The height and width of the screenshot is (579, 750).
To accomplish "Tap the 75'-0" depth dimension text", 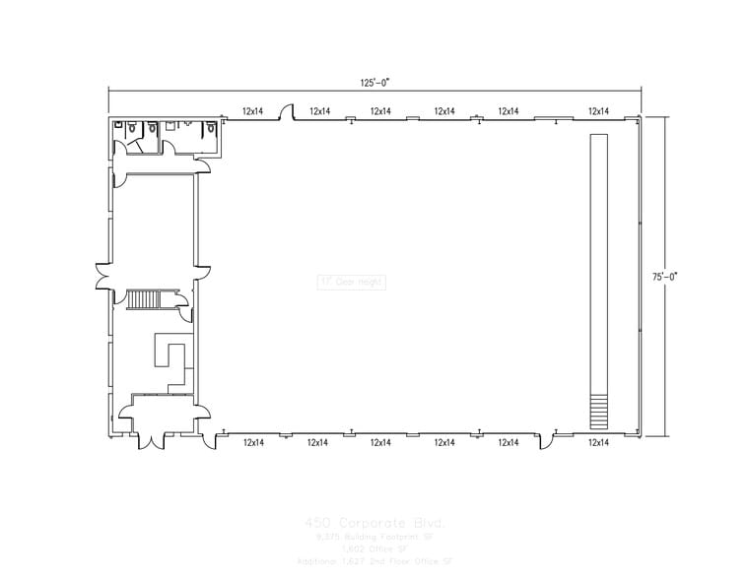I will click(x=664, y=277).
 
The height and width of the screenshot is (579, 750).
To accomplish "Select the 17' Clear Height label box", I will click(x=351, y=282).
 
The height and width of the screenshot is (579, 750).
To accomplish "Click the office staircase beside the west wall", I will click(x=144, y=299).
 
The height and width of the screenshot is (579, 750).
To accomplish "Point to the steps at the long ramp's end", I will click(x=597, y=411).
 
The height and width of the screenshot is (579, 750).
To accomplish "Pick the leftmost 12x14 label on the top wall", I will click(x=252, y=112).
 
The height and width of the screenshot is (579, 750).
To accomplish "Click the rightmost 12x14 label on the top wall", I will click(x=597, y=112).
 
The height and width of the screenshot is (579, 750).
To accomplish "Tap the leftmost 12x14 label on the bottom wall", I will click(x=252, y=443).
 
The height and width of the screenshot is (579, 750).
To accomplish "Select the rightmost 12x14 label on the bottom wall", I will click(x=597, y=443).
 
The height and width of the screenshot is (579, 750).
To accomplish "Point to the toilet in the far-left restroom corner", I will click(x=117, y=127).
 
